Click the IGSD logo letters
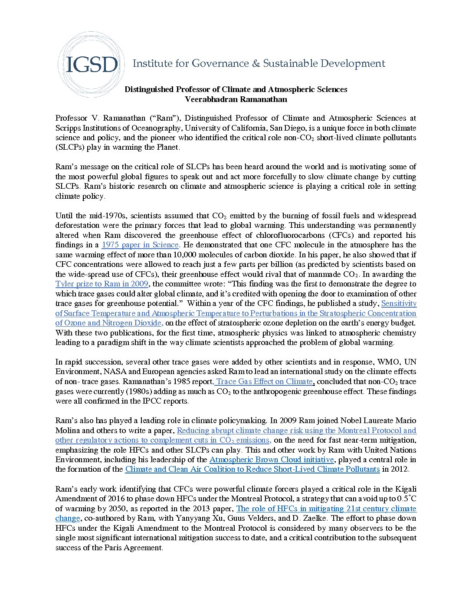92,65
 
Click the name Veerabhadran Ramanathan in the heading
236,99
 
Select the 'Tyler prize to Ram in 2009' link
102,284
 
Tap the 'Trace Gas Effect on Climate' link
264,381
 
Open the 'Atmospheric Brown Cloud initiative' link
272,460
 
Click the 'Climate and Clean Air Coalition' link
252,469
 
